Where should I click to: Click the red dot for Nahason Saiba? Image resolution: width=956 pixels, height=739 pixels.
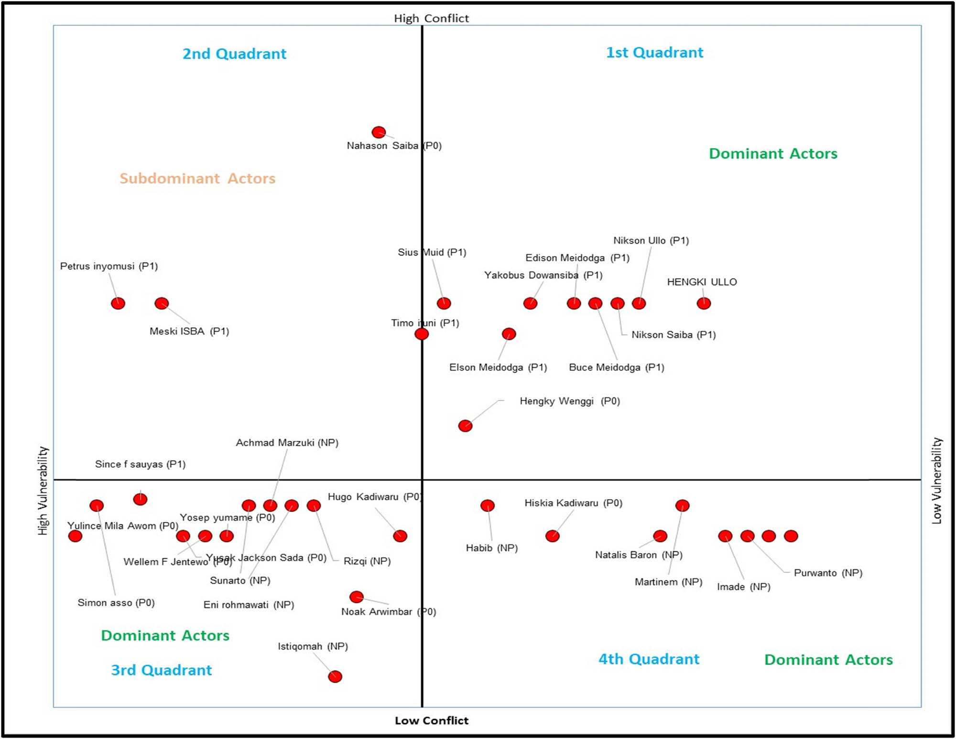click(379, 132)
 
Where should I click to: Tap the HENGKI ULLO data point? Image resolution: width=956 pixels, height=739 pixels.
click(704, 303)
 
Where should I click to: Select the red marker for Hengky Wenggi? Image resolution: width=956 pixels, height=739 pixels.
click(465, 426)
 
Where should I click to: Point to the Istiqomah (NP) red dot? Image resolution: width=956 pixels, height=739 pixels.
click(335, 676)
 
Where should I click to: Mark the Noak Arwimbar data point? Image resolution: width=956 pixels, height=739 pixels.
click(357, 597)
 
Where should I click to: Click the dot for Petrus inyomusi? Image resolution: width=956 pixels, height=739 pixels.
click(118, 303)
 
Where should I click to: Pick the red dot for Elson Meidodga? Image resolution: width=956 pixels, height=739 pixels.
click(509, 334)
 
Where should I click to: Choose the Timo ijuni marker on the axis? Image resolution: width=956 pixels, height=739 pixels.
click(422, 334)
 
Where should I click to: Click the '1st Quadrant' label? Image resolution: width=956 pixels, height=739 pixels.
click(654, 53)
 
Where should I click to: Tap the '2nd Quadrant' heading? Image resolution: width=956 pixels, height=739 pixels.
click(234, 54)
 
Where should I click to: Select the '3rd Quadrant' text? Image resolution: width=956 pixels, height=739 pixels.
click(161, 670)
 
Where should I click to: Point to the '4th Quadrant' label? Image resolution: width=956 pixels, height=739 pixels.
click(649, 659)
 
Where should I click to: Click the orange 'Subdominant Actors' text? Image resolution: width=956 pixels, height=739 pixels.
click(197, 179)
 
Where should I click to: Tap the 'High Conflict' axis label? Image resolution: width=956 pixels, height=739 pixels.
click(431, 19)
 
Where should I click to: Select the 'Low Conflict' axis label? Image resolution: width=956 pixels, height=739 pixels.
click(431, 720)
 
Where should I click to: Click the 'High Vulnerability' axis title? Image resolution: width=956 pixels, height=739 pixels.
click(43, 491)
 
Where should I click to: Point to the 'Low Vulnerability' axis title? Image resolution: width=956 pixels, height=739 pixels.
click(937, 481)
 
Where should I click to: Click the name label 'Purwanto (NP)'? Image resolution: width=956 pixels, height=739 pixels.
click(828, 573)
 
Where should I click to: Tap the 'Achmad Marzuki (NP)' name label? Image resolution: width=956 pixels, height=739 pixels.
click(287, 443)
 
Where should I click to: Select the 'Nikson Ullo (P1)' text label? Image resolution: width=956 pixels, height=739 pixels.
click(651, 241)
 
